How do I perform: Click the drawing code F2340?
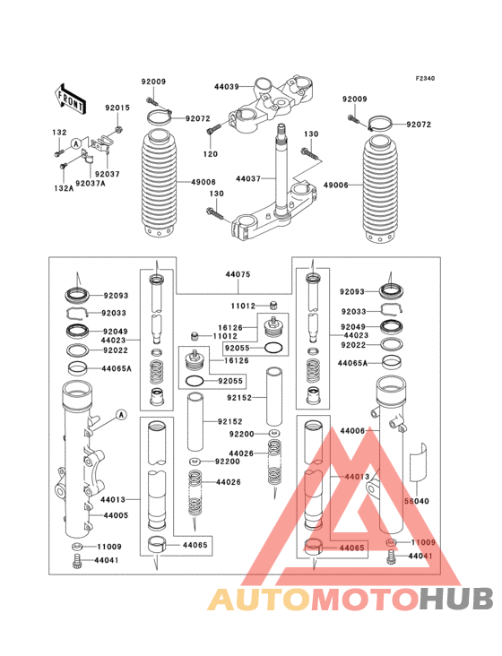424,79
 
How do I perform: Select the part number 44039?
226,87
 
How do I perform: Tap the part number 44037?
248,179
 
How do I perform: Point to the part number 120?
210,154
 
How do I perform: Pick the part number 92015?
117,108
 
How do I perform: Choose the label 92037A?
91,183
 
